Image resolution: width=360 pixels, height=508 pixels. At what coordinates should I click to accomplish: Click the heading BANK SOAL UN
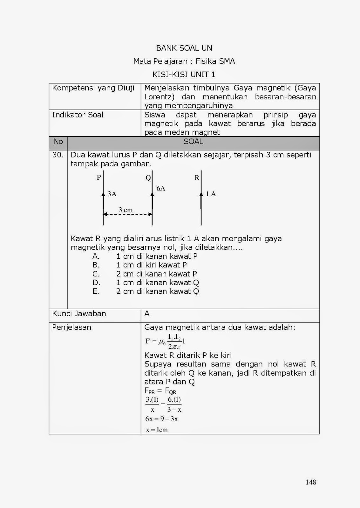point(184,48)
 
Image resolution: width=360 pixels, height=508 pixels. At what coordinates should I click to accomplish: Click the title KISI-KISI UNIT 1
point(184,75)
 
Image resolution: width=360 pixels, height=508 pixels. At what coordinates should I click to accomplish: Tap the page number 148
point(311,482)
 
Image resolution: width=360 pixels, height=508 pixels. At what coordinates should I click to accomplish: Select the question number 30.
point(58,155)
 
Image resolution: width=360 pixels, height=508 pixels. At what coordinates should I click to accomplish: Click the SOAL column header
point(193,142)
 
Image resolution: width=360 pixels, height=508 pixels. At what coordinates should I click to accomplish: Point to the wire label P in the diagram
point(99,177)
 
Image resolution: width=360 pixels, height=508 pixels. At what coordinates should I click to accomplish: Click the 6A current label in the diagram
point(161,188)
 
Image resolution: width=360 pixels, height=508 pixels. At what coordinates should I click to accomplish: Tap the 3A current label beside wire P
point(112,194)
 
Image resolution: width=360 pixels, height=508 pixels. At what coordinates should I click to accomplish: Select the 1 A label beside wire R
point(211,194)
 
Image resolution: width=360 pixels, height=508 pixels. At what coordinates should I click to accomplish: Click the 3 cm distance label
point(126,210)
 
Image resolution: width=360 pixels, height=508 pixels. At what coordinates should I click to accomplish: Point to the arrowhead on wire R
point(201,194)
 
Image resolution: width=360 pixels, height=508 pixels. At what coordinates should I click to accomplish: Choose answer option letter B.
point(96,265)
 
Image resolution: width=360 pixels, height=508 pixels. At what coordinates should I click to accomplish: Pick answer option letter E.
point(96,291)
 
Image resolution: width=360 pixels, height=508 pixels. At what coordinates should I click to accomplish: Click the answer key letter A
point(147,314)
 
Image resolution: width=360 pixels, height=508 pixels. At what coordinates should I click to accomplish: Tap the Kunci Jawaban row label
point(79,314)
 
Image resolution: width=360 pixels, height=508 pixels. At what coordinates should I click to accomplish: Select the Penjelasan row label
point(71,327)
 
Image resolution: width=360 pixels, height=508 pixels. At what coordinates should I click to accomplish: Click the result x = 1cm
point(157,430)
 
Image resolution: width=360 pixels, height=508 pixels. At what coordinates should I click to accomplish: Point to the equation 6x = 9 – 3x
point(161,419)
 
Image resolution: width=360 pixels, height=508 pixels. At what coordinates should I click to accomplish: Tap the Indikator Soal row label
point(78,115)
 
